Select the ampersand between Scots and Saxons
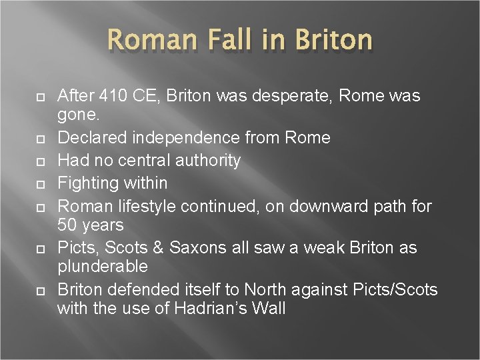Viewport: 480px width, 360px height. (158, 248)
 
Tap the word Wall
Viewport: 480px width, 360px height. (269, 309)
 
